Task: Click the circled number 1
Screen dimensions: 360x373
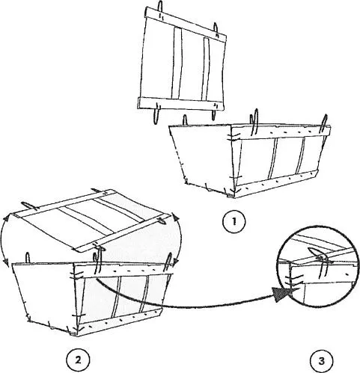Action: [x=234, y=222]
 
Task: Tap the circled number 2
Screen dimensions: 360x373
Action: [x=78, y=360]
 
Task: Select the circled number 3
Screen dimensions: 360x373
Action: [x=321, y=360]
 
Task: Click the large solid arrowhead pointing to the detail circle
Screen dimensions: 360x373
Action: [x=282, y=294]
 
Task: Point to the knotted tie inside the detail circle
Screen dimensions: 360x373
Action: [x=320, y=256]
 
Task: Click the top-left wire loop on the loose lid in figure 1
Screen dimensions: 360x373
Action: [x=160, y=6]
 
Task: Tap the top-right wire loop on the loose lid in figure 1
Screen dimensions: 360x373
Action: [x=216, y=28]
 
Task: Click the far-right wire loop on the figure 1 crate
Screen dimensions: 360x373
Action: [x=324, y=124]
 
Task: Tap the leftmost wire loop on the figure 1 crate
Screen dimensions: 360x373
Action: [x=185, y=120]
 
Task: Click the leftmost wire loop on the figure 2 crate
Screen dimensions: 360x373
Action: [x=28, y=258]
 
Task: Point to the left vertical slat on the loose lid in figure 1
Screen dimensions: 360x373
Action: [x=177, y=63]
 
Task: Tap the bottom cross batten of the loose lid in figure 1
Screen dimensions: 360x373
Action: [x=181, y=104]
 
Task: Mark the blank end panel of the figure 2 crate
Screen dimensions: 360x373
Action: [x=45, y=296]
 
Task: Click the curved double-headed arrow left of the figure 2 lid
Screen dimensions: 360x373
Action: [x=2, y=238]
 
